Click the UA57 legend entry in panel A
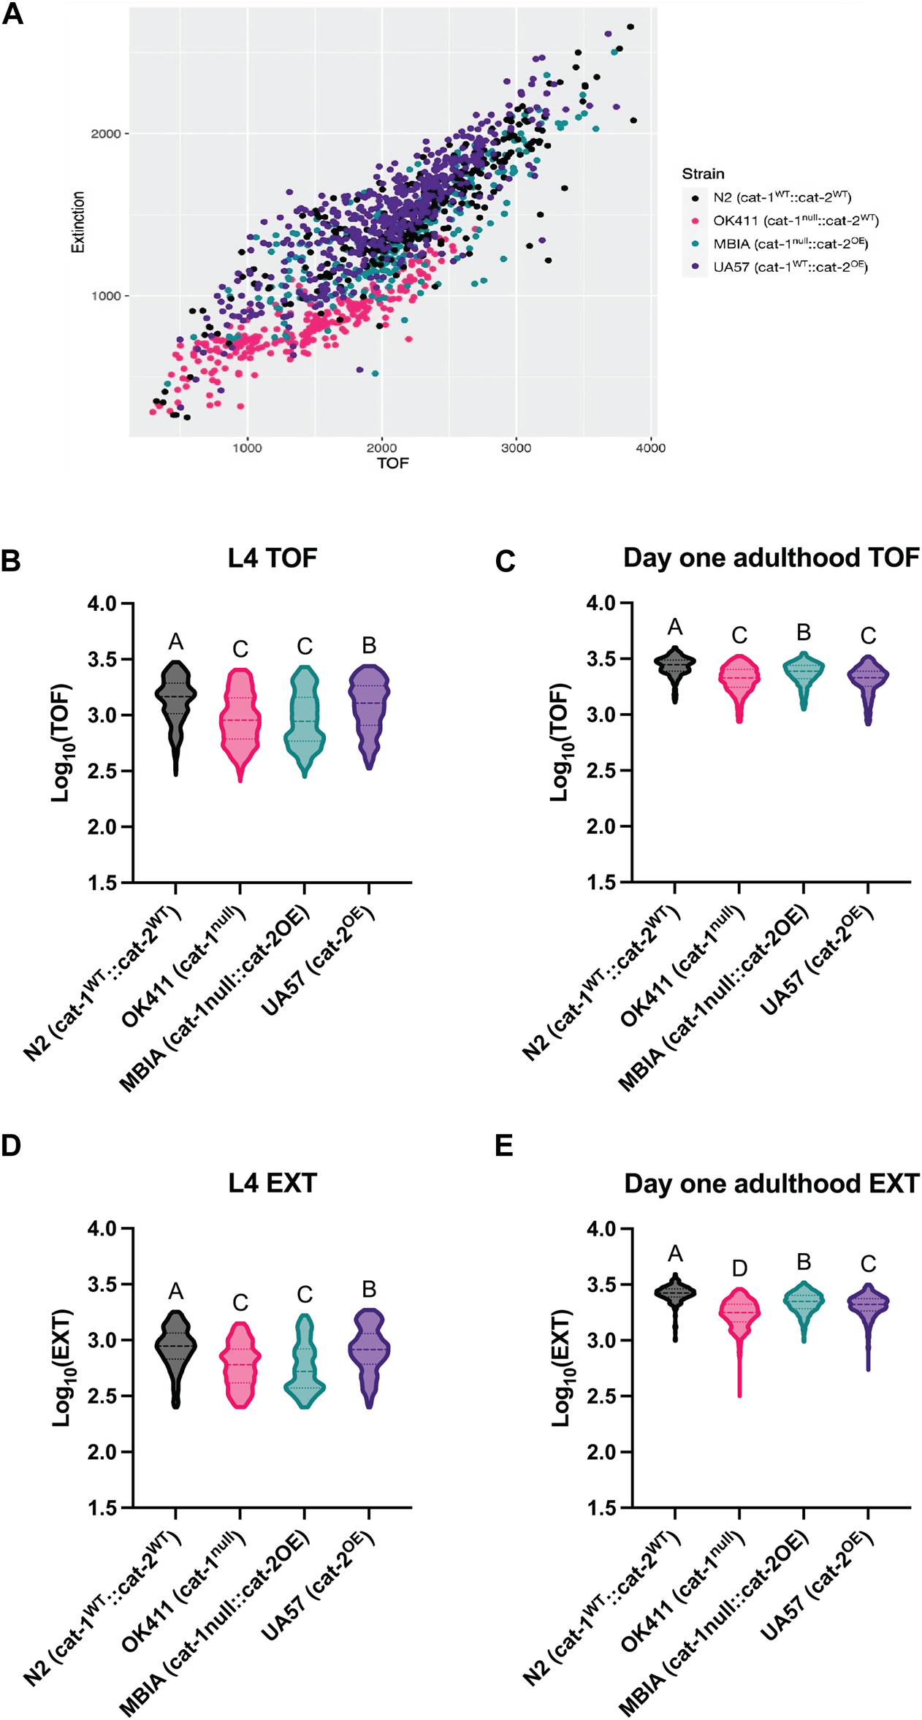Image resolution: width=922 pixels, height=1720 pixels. coord(790,267)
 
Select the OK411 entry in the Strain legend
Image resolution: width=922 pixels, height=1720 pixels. coord(795,220)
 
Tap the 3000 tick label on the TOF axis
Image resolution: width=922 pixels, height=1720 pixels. coord(516,448)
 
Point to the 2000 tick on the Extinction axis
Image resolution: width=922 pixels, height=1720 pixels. coord(105,134)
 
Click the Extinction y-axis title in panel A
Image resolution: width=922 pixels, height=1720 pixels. coord(77,222)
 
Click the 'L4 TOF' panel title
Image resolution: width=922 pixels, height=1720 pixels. coord(273,558)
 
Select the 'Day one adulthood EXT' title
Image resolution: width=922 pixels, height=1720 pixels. coord(771,1184)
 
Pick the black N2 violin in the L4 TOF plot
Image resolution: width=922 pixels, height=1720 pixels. coord(176,709)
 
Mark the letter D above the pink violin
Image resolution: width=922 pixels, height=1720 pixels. coord(740,1268)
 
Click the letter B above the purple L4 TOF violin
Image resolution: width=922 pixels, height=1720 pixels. coord(369,645)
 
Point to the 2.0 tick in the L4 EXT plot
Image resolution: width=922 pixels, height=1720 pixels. coord(102,1452)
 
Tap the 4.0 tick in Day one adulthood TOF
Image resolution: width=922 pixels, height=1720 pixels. coord(601,603)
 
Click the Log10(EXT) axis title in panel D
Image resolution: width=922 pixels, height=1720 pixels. coord(63,1368)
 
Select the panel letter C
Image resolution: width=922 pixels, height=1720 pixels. coord(505,561)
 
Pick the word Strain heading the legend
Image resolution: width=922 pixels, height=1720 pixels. coord(703,174)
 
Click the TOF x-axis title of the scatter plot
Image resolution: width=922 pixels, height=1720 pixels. coord(392,463)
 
